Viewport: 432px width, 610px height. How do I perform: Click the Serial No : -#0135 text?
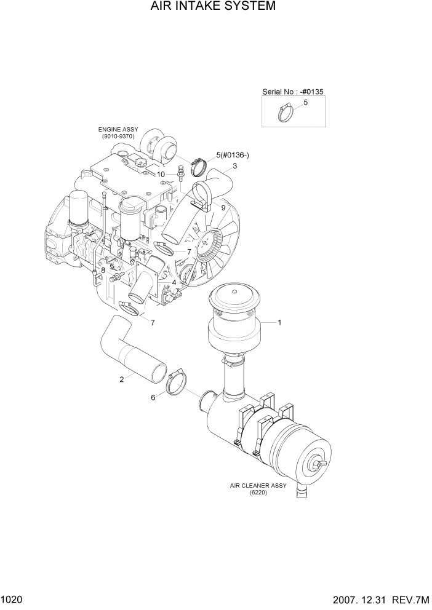pyautogui.click(x=293, y=92)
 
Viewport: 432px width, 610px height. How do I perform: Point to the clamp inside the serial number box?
pyautogui.click(x=284, y=114)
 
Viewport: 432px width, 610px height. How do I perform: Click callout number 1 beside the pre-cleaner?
pyautogui.click(x=279, y=322)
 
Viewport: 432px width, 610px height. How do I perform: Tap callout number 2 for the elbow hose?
pyautogui.click(x=122, y=379)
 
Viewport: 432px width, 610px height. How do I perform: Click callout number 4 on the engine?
pyautogui.click(x=175, y=283)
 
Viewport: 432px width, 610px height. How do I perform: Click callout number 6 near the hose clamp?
pyautogui.click(x=153, y=397)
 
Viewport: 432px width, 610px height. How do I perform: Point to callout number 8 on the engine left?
pyautogui.click(x=103, y=271)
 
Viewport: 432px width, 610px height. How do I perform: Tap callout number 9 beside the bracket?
pyautogui.click(x=223, y=208)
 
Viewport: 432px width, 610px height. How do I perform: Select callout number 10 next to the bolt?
pyautogui.click(x=161, y=174)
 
